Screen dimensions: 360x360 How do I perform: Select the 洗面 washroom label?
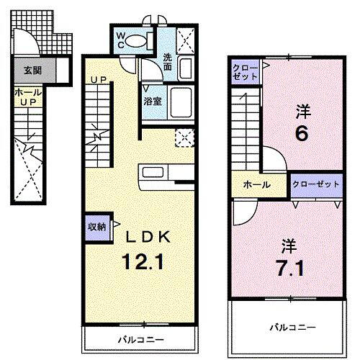pyautogui.click(x=167, y=63)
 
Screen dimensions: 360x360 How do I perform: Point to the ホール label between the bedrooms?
pyautogui.click(x=257, y=185)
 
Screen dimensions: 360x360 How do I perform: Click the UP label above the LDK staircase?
pyautogui.click(x=98, y=78)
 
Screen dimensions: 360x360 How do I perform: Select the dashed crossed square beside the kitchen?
pyautogui.click(x=184, y=136)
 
